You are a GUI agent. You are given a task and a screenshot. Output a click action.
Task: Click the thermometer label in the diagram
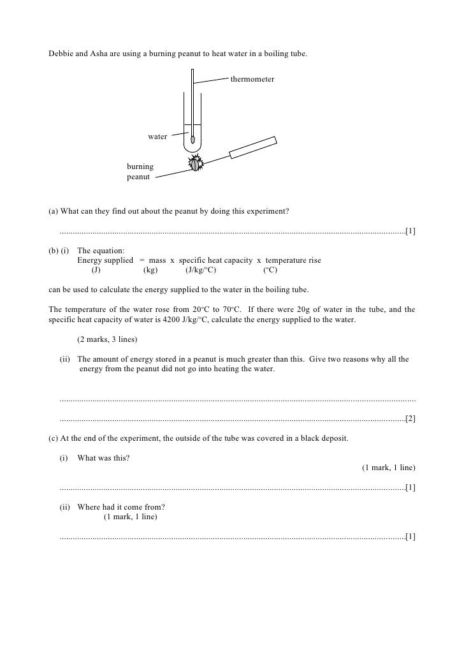252,80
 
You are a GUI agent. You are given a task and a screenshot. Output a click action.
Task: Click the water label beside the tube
157,137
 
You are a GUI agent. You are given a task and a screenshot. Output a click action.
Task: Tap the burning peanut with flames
194,164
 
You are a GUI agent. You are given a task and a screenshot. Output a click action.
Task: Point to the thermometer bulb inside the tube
192,139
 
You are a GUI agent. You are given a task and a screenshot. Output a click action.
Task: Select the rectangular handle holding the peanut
252,147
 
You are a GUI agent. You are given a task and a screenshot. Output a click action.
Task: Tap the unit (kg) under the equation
150,270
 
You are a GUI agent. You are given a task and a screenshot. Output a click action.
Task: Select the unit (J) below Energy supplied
96,270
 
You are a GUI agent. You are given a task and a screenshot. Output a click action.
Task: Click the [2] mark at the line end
410,419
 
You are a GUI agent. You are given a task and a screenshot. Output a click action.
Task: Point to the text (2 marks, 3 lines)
107,338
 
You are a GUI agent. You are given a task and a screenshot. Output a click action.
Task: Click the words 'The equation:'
101,251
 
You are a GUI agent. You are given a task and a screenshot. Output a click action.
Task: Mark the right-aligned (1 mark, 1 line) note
389,468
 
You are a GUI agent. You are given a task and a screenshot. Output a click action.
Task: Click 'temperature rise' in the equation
293,260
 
